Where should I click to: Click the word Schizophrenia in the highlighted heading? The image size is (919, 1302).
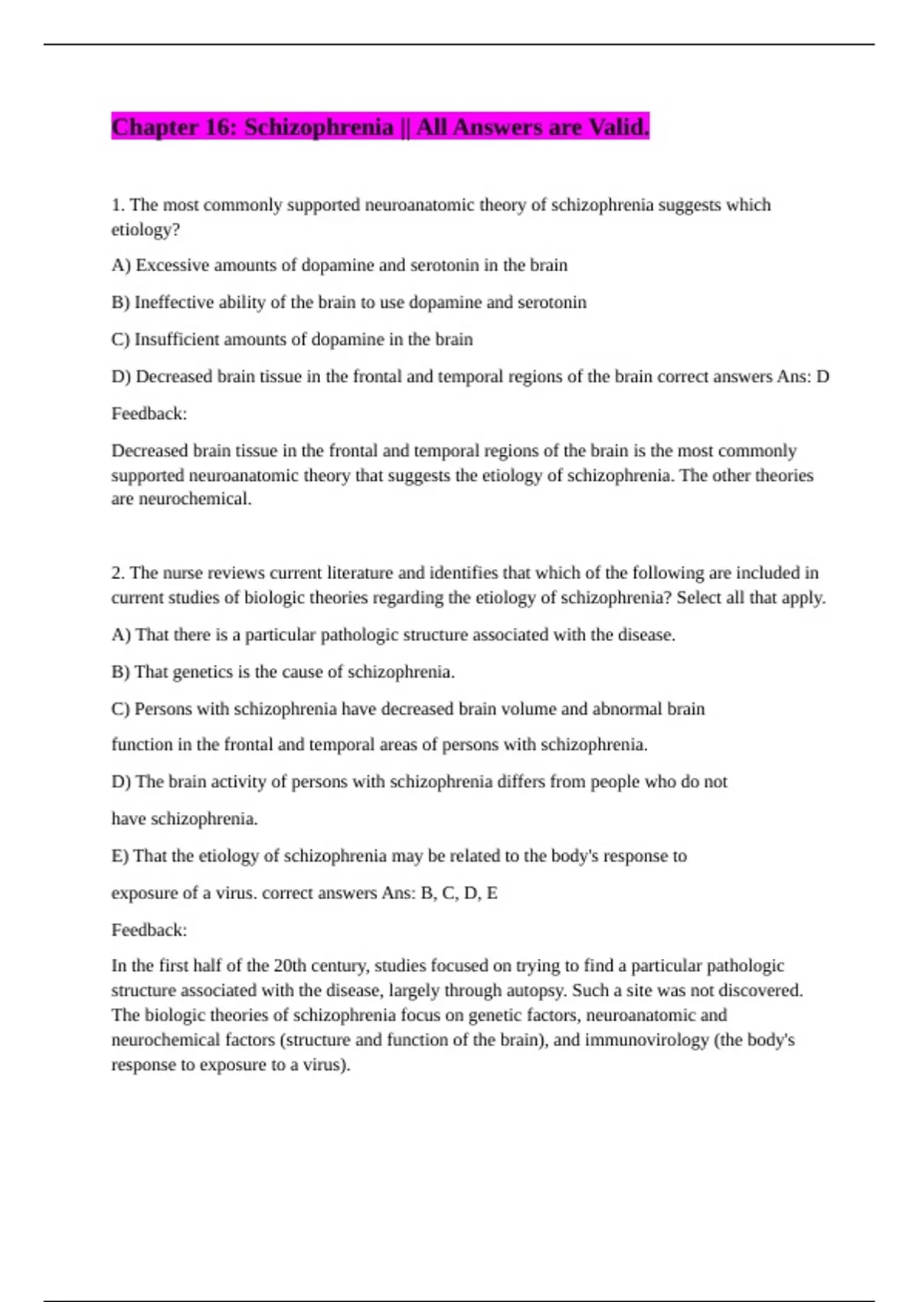tap(319, 127)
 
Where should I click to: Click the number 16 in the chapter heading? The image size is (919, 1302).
tap(220, 127)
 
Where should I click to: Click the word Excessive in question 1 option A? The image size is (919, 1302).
tap(172, 266)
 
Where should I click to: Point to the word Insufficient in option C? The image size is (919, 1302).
tap(175, 339)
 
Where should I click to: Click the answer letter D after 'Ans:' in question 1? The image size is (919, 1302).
tap(823, 377)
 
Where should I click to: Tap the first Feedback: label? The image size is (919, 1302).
tap(149, 414)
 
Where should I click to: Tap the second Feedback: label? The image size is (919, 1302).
tap(149, 930)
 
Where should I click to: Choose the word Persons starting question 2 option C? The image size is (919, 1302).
tap(163, 709)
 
